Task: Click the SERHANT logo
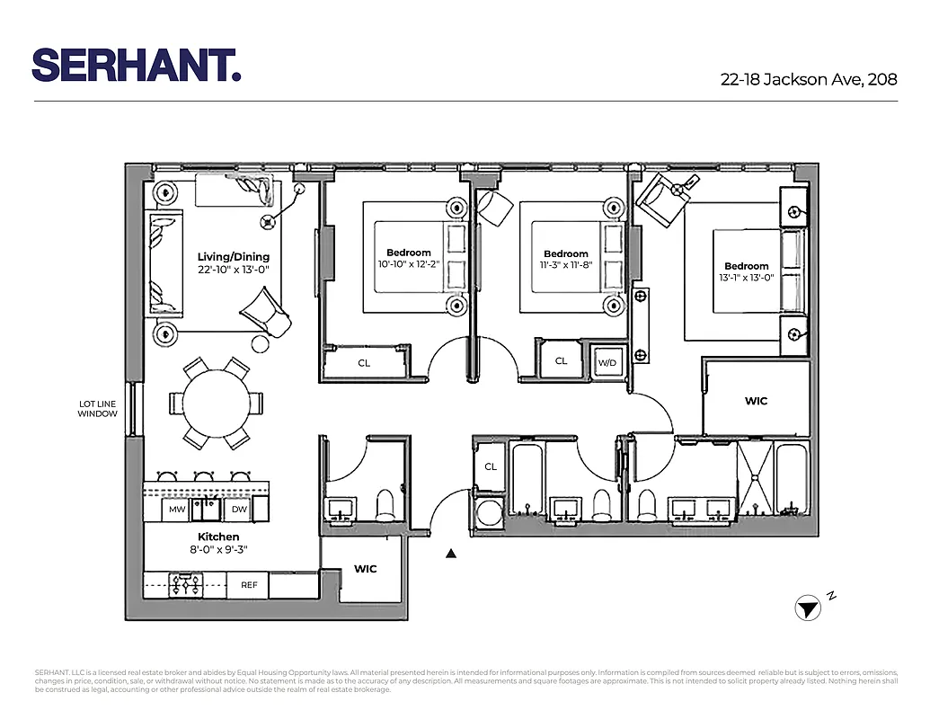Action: [137, 65]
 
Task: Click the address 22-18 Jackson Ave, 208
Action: [809, 79]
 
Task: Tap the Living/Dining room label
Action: [233, 257]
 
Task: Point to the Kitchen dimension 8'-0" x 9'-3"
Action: [218, 549]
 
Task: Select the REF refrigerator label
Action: [249, 585]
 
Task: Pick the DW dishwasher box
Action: [239, 510]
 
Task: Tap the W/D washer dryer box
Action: [607, 363]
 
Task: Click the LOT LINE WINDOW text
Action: [97, 409]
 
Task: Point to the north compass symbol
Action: [808, 608]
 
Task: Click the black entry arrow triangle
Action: [451, 555]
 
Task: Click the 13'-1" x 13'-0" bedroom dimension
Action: [746, 278]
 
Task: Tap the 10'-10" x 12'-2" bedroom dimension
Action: [409, 264]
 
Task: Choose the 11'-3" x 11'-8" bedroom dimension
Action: [565, 265]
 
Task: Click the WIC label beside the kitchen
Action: [365, 569]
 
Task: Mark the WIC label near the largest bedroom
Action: [756, 401]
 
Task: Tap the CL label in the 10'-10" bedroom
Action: [364, 363]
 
